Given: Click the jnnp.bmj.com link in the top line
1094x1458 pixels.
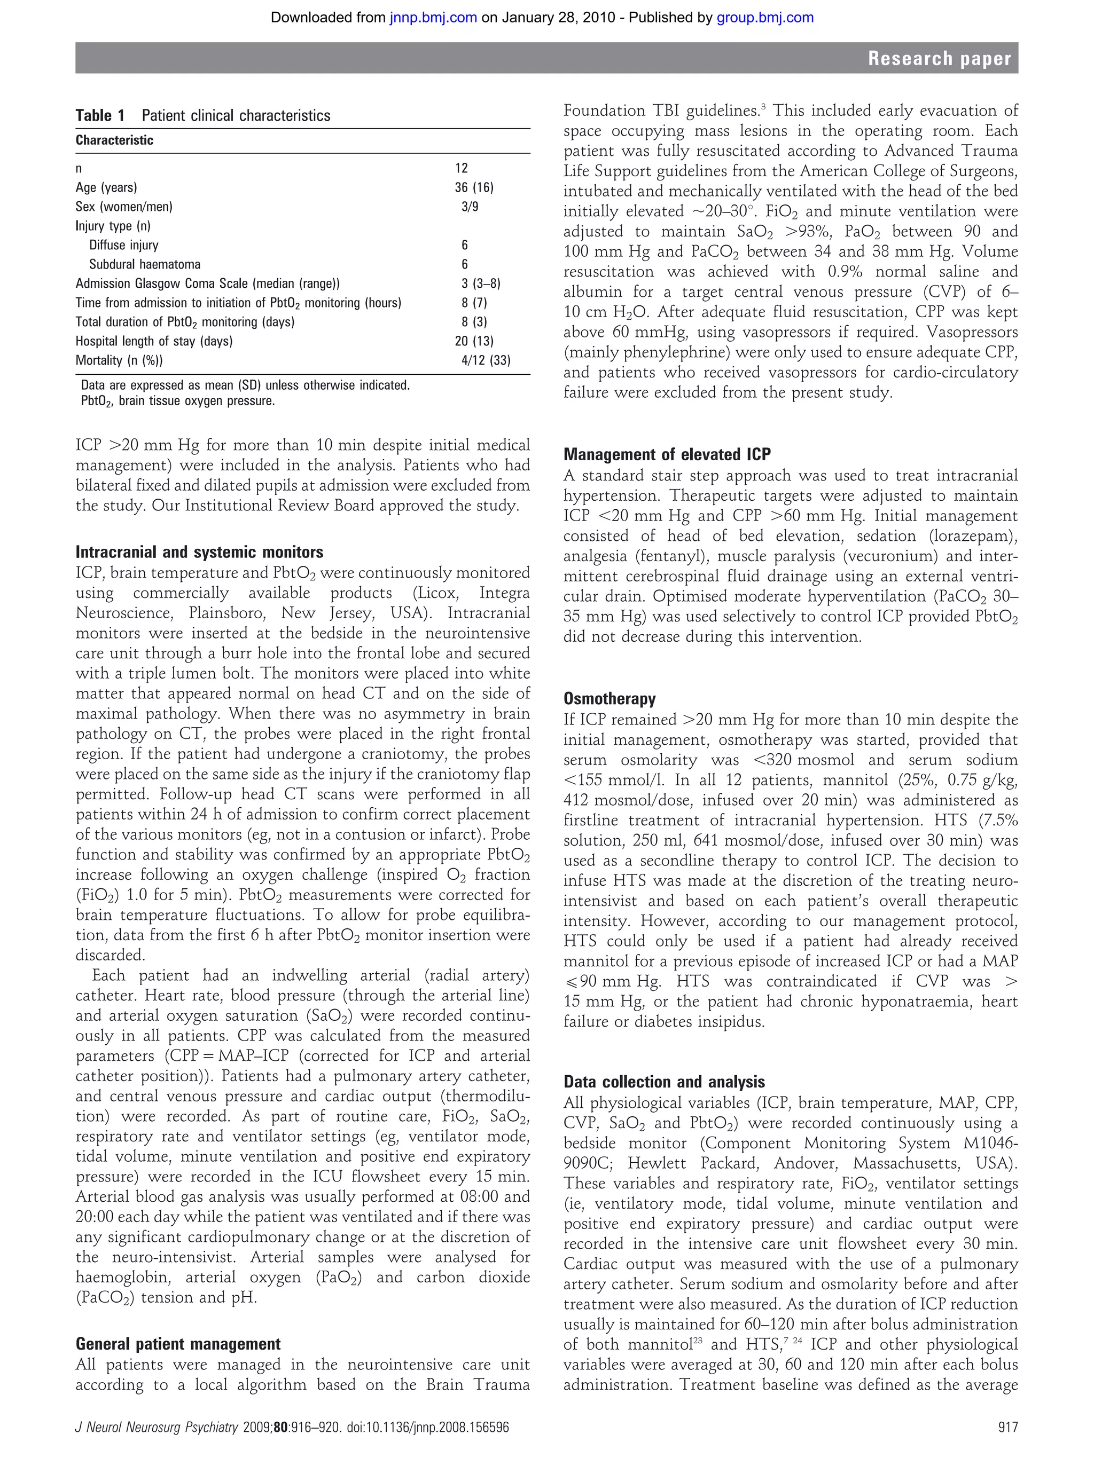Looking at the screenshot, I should click(x=433, y=18).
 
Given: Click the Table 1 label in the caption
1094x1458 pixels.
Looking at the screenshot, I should click(x=99, y=116).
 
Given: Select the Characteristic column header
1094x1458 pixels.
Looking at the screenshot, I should click(x=114, y=140).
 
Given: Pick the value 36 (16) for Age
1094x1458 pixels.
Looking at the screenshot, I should click(x=473, y=188).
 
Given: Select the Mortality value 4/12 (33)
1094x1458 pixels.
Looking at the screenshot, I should click(x=486, y=360).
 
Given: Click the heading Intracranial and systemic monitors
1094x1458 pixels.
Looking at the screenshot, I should click(x=199, y=553).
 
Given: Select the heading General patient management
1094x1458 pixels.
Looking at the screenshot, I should click(x=178, y=1344).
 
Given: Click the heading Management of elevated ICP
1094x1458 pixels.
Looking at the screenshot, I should click(x=667, y=454).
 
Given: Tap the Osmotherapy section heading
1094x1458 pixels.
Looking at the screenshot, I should click(x=609, y=699).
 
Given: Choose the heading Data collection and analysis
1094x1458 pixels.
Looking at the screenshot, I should click(x=664, y=1082).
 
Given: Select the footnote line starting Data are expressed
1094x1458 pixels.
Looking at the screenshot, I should click(x=245, y=385).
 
